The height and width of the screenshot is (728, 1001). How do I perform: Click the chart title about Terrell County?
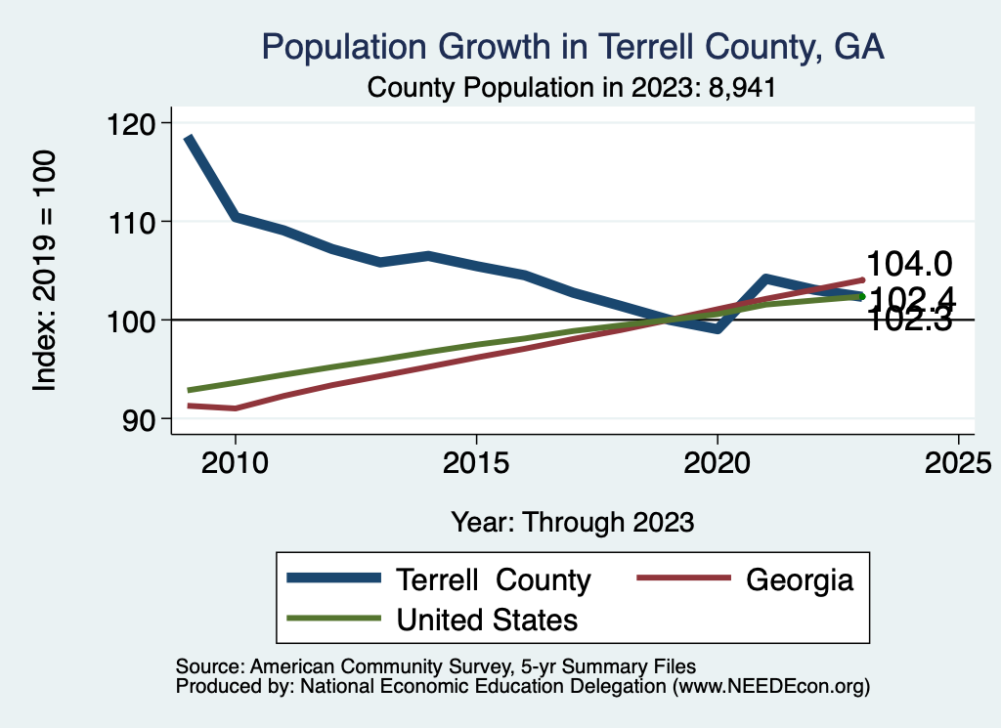click(572, 47)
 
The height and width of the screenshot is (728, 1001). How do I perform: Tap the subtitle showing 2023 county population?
click(572, 88)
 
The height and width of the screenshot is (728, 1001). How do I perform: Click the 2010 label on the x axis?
click(235, 463)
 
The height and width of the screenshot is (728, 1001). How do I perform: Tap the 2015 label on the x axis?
click(476, 463)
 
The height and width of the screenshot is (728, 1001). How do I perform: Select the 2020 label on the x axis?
click(718, 463)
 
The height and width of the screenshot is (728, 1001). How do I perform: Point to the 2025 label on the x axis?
click(958, 463)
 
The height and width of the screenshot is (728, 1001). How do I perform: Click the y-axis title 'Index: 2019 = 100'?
click(45, 271)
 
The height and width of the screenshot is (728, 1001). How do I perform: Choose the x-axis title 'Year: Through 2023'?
click(573, 522)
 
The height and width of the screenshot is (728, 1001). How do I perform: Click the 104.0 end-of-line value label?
click(910, 264)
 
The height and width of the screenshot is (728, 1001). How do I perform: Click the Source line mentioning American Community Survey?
click(436, 664)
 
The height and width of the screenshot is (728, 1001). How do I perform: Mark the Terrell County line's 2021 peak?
click(765, 278)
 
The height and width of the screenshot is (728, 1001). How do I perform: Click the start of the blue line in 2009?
click(188, 139)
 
